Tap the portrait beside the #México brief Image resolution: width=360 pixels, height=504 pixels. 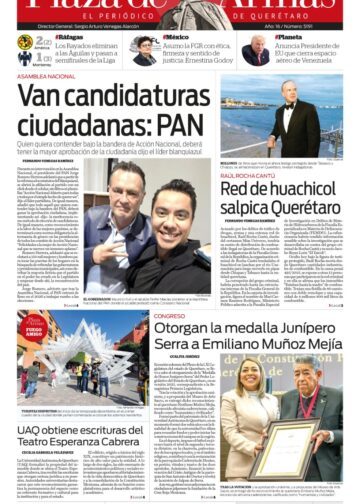(x=146, y=50)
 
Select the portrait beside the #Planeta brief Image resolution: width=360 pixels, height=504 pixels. (x=256, y=50)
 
